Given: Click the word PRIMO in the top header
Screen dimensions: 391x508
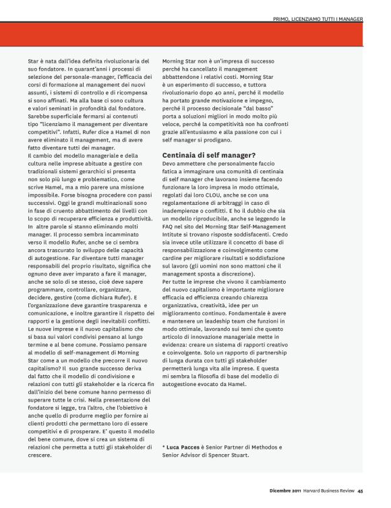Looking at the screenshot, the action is coord(283,19).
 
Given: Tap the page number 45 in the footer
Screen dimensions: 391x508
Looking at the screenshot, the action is coord(361,490).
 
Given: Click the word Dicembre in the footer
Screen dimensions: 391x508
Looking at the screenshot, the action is coord(277,490).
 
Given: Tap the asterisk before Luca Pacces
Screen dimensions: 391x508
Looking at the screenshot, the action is coord(164,447).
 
